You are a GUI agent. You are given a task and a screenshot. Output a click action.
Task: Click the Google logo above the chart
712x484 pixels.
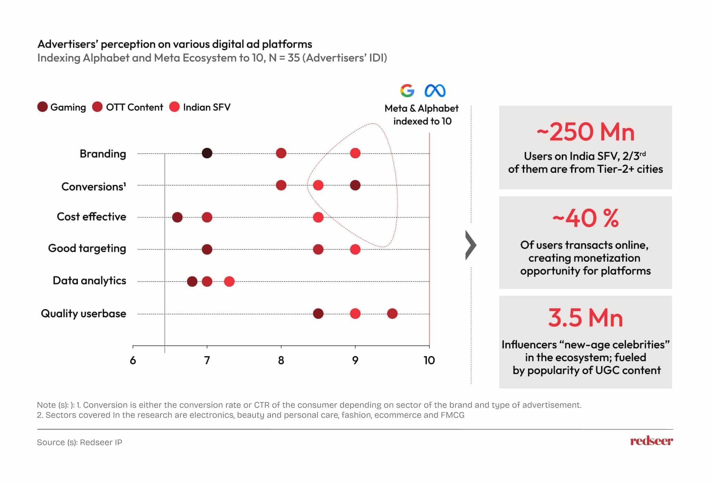tap(407, 90)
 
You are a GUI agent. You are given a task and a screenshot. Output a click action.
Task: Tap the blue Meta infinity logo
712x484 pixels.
tap(435, 91)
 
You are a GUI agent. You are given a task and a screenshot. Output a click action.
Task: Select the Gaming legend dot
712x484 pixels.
tap(42, 107)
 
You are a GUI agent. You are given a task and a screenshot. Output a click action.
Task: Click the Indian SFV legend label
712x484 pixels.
tap(207, 107)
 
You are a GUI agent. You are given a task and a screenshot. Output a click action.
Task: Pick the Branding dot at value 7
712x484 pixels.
tap(207, 153)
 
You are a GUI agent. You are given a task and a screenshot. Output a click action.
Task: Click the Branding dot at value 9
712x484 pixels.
tap(355, 153)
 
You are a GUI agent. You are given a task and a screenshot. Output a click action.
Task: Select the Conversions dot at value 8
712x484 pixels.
tap(281, 185)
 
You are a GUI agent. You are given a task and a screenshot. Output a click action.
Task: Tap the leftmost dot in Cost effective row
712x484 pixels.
tap(177, 217)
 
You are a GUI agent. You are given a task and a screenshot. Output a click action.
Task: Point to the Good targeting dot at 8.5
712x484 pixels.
tap(318, 249)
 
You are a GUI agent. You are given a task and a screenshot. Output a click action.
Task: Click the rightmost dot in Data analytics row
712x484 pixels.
tap(229, 281)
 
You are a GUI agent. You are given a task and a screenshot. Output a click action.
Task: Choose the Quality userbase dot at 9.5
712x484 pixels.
tap(392, 313)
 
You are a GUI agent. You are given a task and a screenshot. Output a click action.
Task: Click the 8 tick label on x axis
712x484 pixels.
tap(281, 360)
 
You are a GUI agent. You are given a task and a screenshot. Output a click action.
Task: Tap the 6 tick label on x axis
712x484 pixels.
tap(133, 360)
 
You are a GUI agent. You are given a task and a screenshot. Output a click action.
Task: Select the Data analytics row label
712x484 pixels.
tap(89, 281)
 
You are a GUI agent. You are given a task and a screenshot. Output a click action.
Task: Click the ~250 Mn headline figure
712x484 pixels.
tap(585, 132)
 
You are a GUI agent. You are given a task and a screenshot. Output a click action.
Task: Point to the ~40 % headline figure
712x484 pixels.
tap(585, 218)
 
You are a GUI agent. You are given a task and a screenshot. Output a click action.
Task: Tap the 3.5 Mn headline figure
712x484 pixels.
tap(585, 318)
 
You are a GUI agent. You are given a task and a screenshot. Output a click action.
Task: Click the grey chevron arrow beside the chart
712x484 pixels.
tap(471, 245)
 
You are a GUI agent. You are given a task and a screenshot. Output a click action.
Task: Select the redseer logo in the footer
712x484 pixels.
tap(651, 441)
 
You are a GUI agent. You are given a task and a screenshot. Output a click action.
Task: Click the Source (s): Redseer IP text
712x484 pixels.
tap(80, 442)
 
